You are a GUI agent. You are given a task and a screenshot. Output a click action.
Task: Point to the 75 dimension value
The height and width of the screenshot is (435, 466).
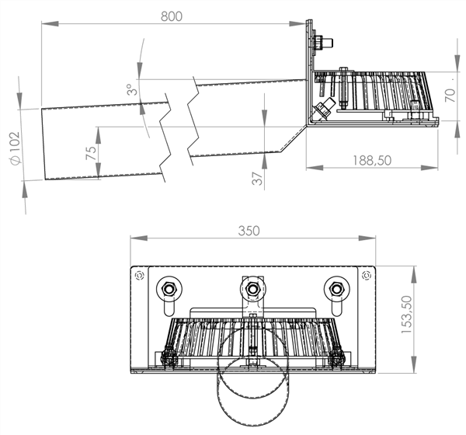pyautogui.click(x=91, y=152)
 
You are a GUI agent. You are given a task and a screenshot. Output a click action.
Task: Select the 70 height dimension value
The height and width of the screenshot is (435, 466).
pyautogui.click(x=449, y=96)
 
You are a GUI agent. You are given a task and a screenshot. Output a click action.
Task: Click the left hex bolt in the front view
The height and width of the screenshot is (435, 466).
pyautogui.click(x=169, y=291)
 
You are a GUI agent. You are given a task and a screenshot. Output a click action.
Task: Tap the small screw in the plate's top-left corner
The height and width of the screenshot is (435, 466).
pyautogui.click(x=140, y=275)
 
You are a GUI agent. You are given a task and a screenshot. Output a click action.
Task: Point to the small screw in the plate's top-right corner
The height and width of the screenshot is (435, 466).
pyautogui.click(x=367, y=275)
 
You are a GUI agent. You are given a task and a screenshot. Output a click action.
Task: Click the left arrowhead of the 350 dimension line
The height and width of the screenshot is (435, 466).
pyautogui.click(x=134, y=239)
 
